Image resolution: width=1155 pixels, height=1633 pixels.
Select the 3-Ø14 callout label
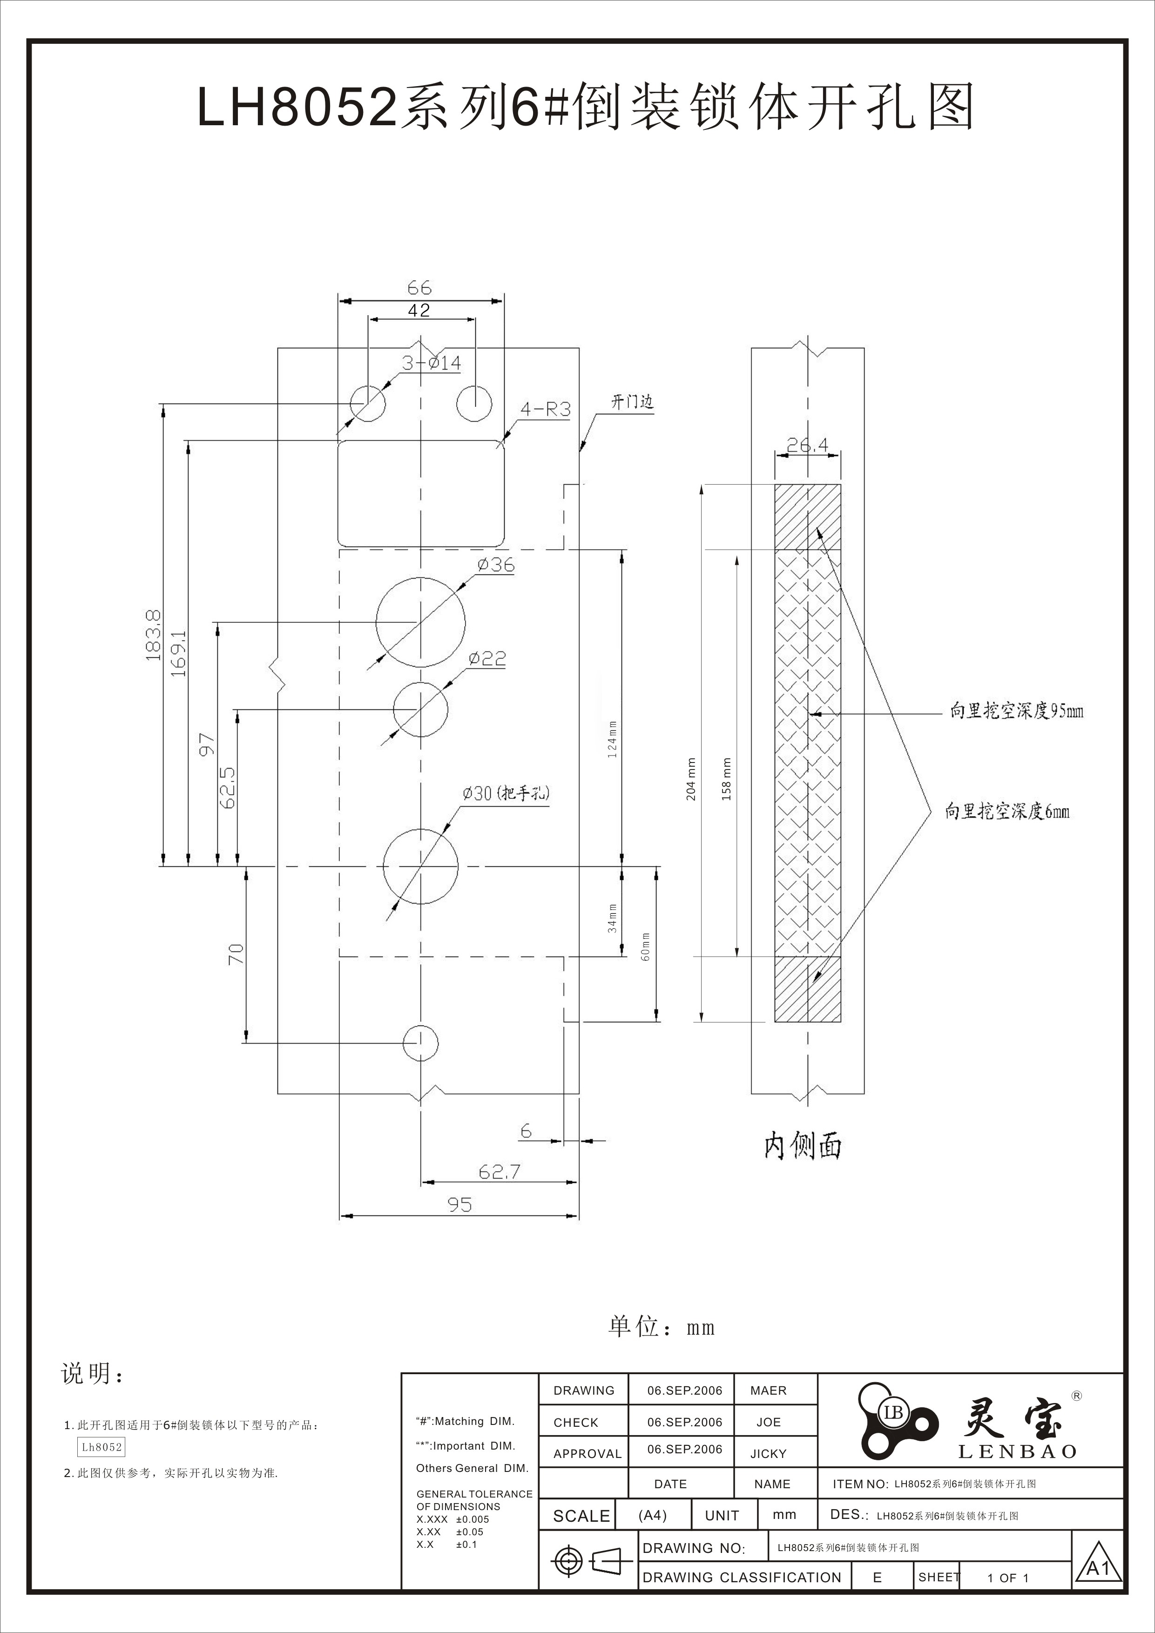coord(431,364)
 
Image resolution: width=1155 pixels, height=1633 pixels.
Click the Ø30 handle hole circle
coord(420,865)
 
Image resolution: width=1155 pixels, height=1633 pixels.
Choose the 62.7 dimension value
coord(499,1171)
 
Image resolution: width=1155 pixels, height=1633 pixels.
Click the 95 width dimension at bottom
coord(459,1204)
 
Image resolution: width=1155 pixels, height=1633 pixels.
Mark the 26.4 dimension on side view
coord(807,445)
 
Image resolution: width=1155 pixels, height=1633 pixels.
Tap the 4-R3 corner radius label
coord(546,410)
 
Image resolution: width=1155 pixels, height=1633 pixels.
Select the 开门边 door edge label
coord(632,402)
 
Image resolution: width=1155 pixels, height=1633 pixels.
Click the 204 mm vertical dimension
coord(691,779)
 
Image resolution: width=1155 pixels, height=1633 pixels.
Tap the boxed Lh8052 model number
coord(101,1447)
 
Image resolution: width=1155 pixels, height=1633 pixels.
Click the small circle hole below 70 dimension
coord(420,1043)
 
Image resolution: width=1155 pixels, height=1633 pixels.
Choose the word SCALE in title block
coord(581,1516)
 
